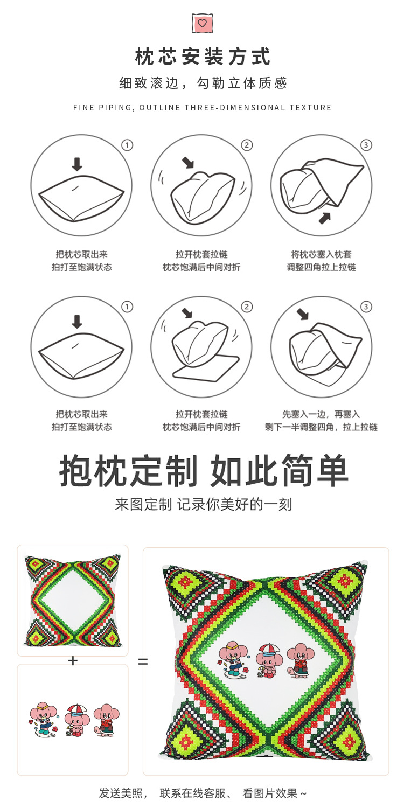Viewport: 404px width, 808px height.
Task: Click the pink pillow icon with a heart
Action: [x=202, y=23]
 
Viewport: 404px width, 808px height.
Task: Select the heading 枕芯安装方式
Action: [x=203, y=57]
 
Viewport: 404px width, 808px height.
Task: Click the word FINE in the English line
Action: [x=83, y=108]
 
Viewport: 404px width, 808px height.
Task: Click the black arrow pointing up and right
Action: [x=324, y=218]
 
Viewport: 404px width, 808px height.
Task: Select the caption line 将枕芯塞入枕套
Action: [x=321, y=254]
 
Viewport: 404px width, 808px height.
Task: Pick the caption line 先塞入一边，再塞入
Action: [x=321, y=414]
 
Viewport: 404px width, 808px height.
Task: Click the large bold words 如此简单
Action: [x=280, y=471]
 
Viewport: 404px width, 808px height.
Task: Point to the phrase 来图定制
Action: [x=143, y=505]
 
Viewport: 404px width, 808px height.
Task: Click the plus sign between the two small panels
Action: [x=73, y=660]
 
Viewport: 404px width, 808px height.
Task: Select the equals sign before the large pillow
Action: [x=143, y=661]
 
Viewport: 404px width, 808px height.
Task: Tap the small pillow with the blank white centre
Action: [x=73, y=600]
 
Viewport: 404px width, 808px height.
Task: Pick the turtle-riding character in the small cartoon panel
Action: [x=105, y=721]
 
